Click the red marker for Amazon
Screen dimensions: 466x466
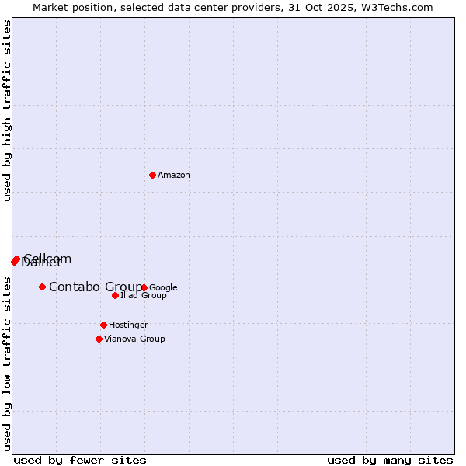[152, 175]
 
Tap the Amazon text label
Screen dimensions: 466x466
[174, 176]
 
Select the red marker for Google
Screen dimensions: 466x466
[144, 287]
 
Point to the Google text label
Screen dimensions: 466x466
[164, 288]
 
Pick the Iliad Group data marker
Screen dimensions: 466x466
[115, 295]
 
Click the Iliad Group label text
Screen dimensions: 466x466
[144, 296]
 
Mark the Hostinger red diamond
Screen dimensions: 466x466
[103, 325]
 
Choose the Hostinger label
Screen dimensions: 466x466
[129, 325]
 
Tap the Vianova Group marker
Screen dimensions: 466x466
[99, 339]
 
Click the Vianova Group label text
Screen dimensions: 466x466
[134, 339]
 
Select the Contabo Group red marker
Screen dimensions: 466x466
[42, 287]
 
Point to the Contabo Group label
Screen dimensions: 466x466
[96, 287]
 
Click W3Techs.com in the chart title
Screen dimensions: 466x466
[401, 7]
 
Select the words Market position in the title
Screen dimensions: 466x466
[69, 7]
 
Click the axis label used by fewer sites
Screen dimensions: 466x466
[80, 460]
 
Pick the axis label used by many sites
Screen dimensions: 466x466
[390, 460]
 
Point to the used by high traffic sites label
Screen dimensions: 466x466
[7, 110]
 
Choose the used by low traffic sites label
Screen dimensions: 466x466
[7, 363]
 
